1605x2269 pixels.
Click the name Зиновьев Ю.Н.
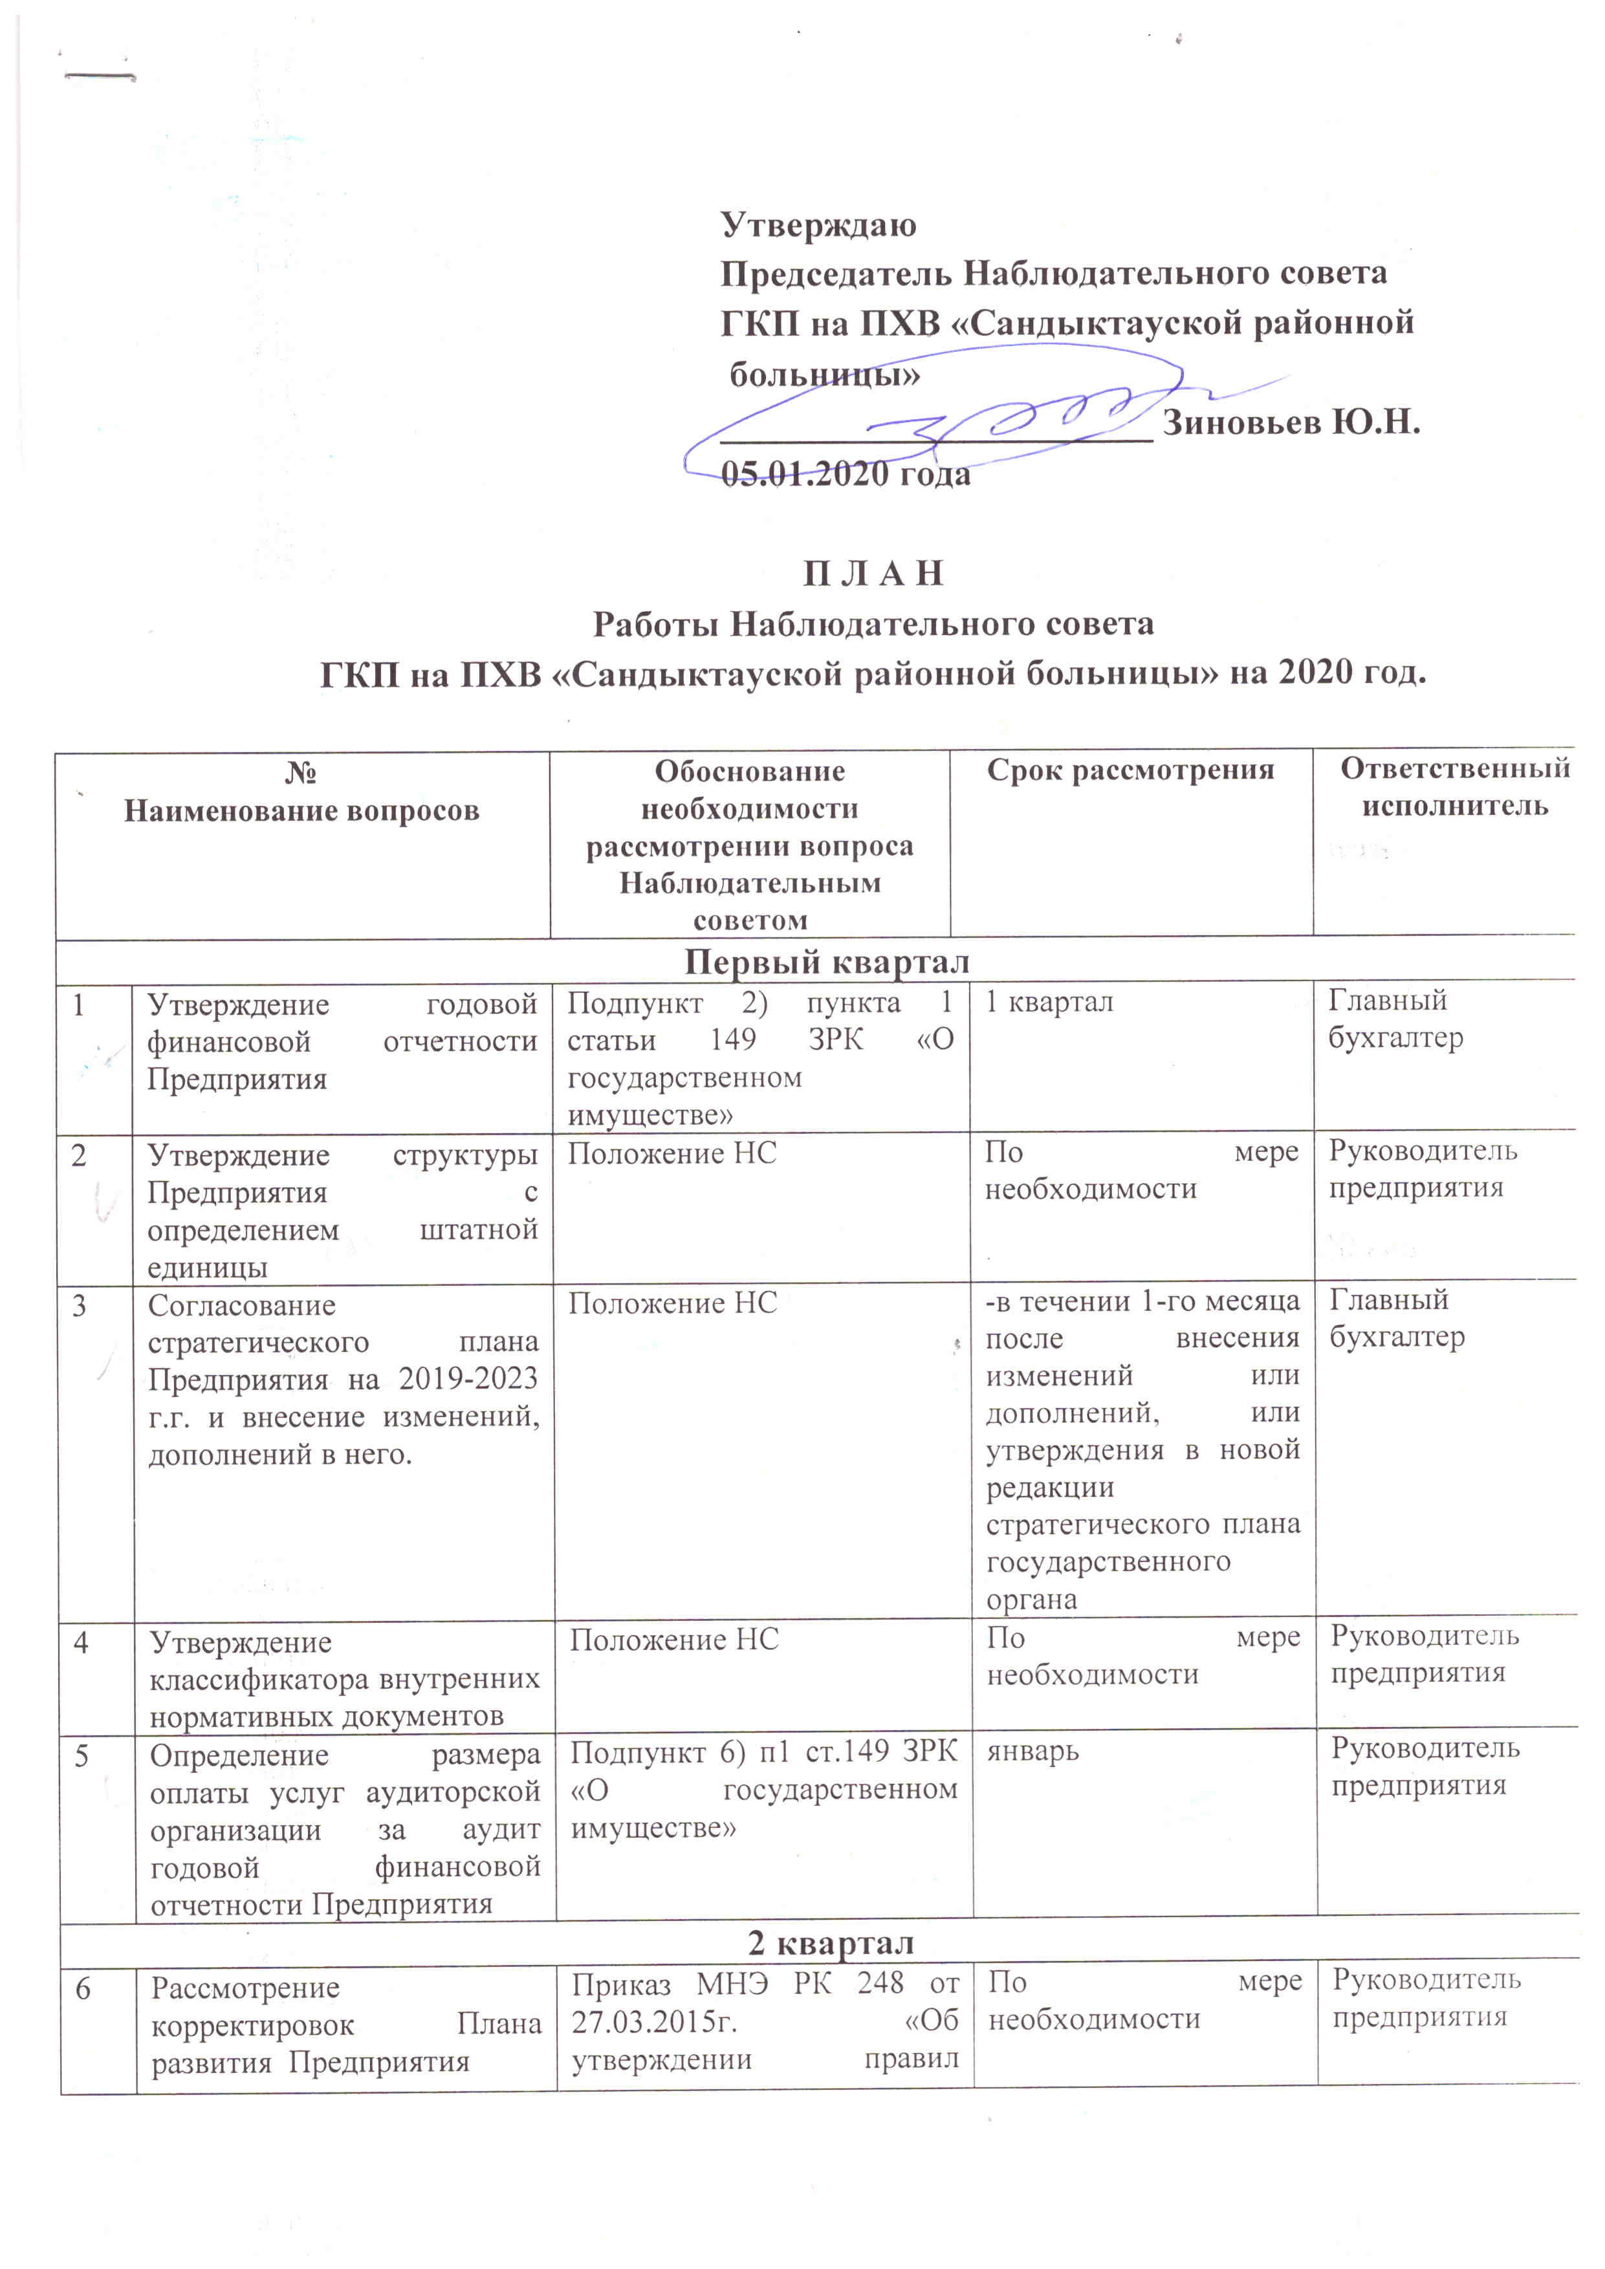tap(1291, 423)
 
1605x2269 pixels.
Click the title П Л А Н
tap(873, 573)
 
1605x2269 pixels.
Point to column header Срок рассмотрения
tap(1131, 770)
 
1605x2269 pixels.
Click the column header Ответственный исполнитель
tap(1455, 788)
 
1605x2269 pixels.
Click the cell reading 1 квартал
tap(1049, 1002)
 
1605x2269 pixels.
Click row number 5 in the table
tap(82, 1755)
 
